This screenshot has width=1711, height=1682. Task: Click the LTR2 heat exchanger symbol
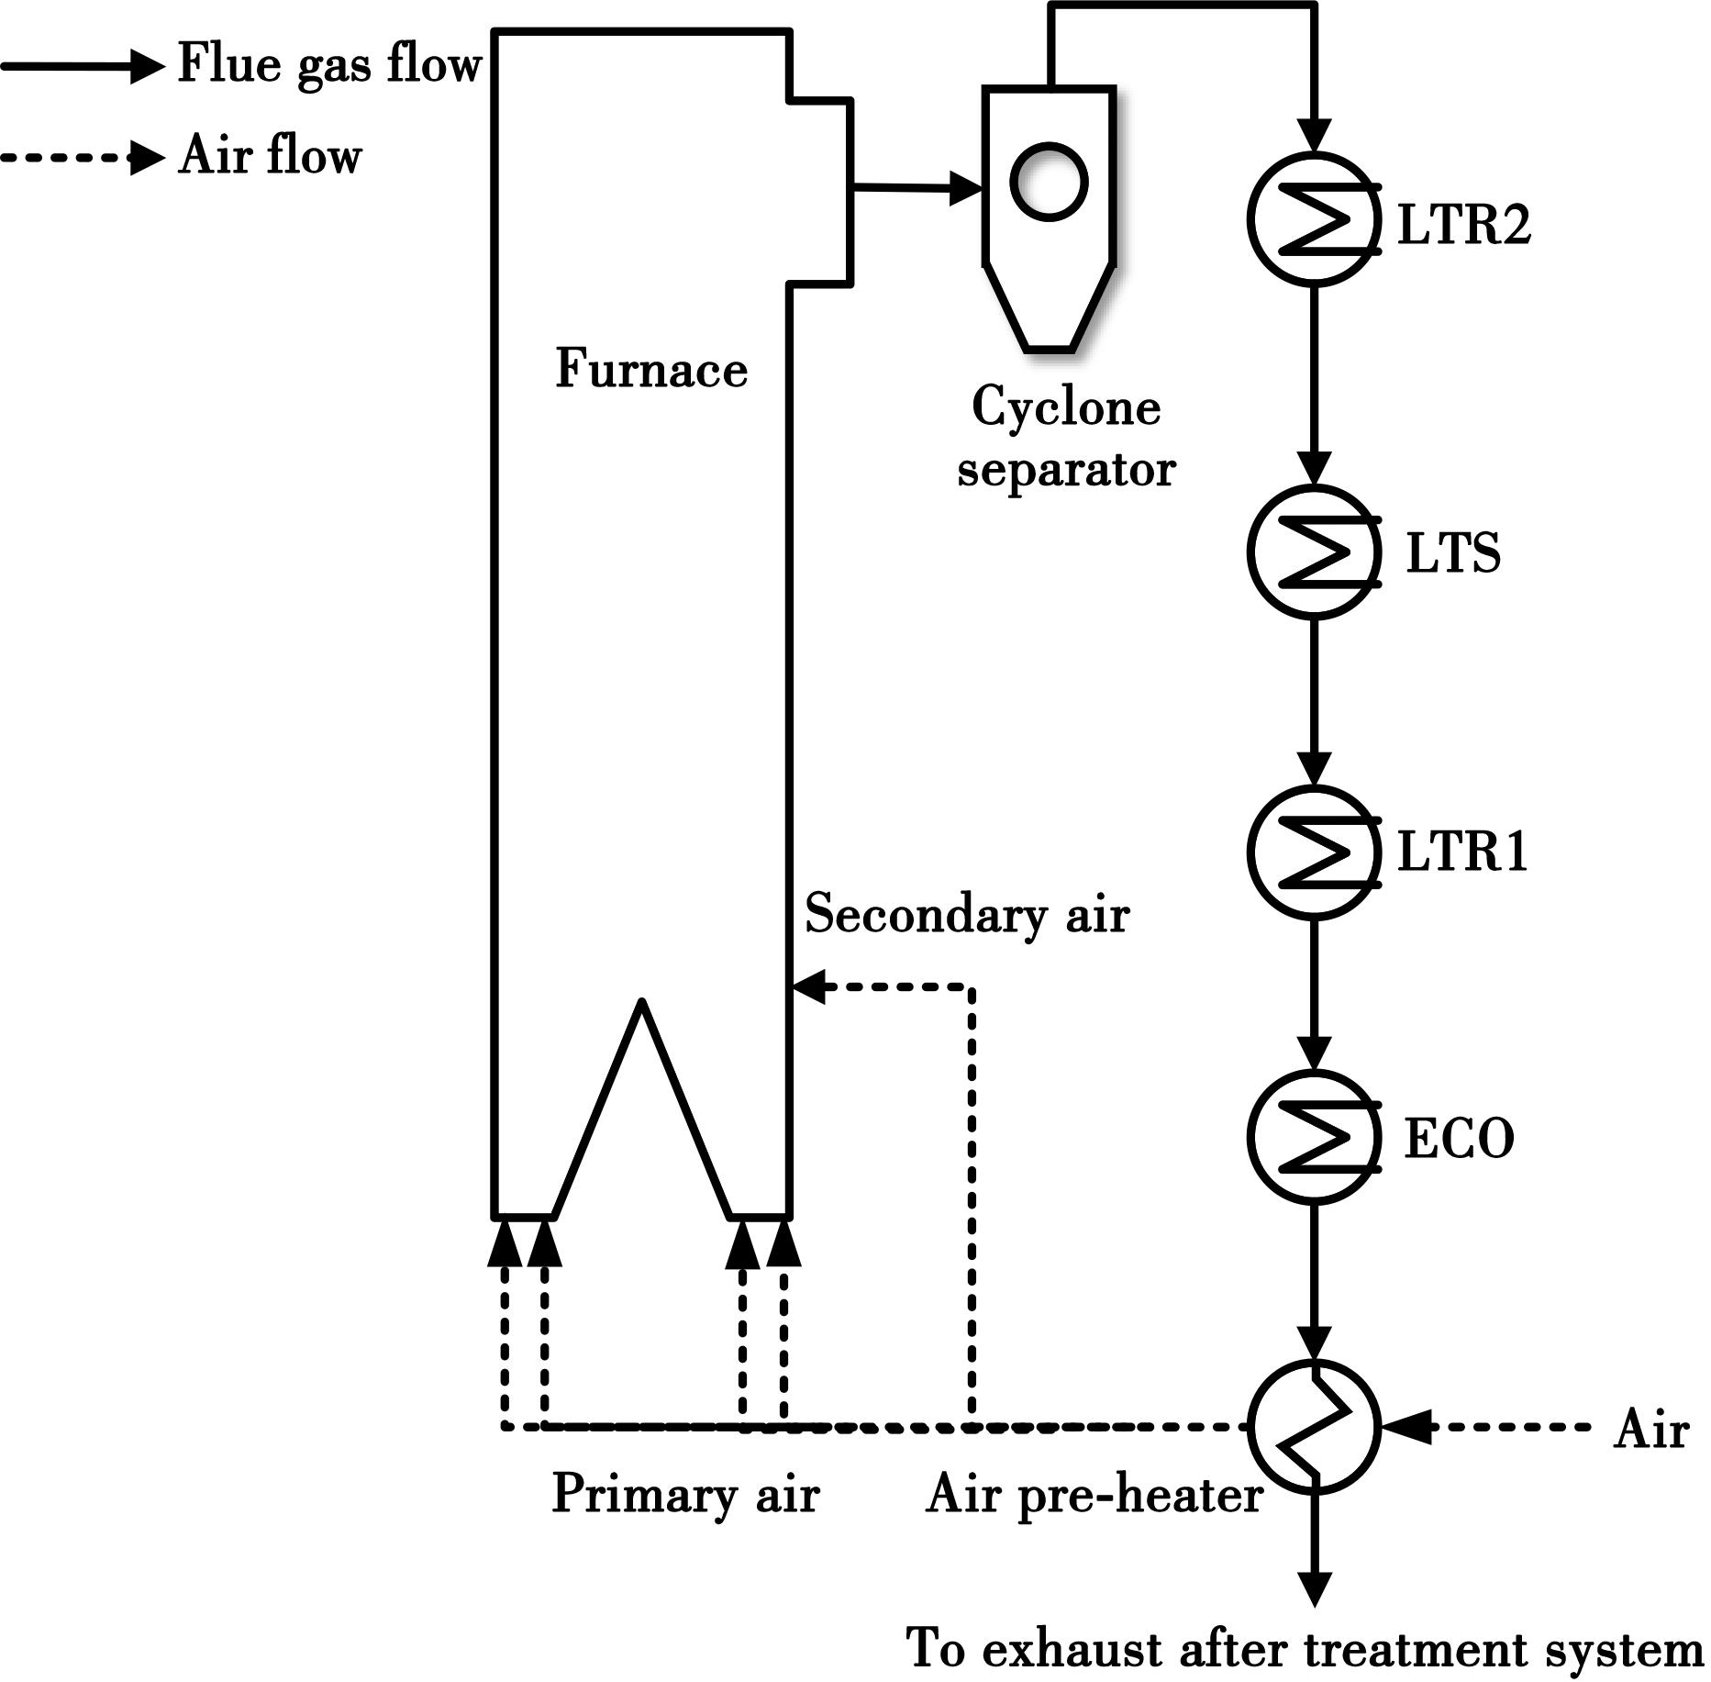(x=1314, y=219)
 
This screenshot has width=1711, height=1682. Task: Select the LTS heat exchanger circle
(x=1314, y=551)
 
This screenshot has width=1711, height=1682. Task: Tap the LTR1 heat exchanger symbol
(x=1314, y=852)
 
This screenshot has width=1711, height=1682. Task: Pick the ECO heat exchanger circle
(x=1314, y=1137)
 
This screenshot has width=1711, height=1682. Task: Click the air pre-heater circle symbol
(x=1314, y=1426)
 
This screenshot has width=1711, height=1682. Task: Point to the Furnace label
(x=651, y=369)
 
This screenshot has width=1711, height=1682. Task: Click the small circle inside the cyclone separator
(x=1049, y=182)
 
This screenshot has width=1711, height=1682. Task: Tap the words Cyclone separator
(x=1066, y=437)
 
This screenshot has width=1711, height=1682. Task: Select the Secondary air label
(x=967, y=914)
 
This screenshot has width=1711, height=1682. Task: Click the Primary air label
(x=684, y=1493)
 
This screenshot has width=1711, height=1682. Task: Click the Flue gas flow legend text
(x=328, y=64)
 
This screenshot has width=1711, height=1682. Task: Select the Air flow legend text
(x=270, y=154)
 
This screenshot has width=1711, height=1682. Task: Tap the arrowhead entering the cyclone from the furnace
(x=966, y=188)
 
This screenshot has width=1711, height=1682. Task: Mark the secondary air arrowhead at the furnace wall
(x=807, y=987)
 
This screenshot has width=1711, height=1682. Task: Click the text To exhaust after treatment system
(x=1304, y=1648)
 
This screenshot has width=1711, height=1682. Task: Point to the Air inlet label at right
(x=1650, y=1430)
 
